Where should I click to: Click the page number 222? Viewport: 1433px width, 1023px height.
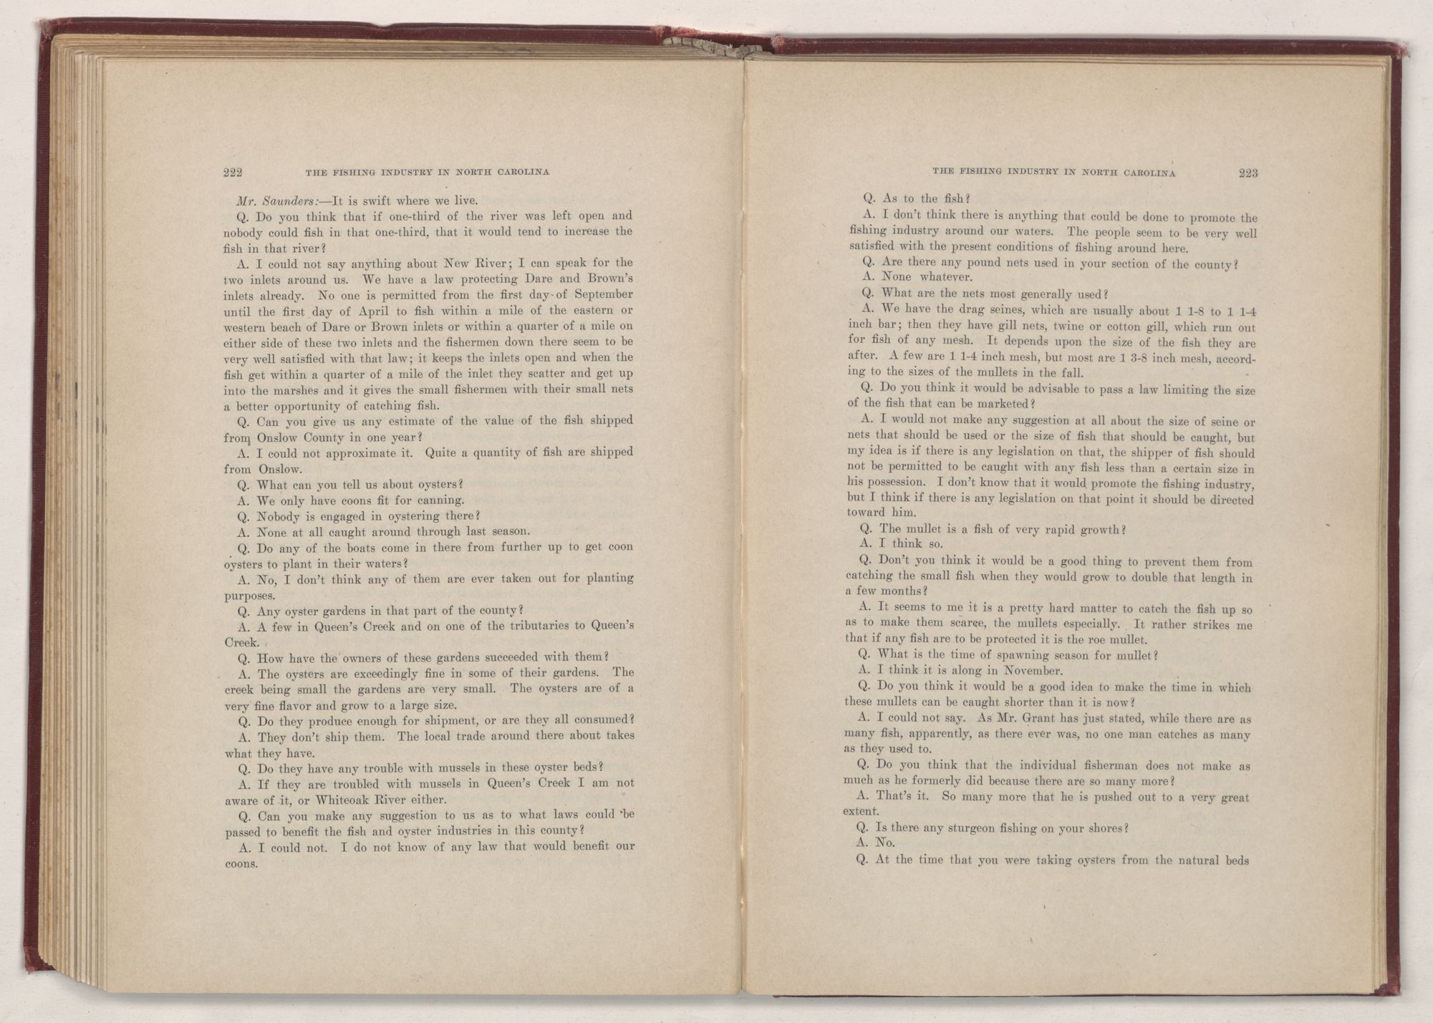(x=233, y=172)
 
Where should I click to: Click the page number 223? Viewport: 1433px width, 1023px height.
(x=1248, y=173)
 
